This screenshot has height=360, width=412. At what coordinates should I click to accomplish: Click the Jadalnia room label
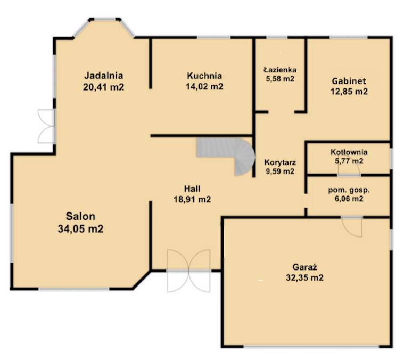pos(103,76)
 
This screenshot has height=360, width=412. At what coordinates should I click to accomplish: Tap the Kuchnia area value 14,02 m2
pos(204,87)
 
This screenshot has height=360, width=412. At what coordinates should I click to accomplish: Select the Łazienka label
pos(281,69)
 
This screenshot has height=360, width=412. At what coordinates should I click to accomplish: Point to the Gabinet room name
pos(349,81)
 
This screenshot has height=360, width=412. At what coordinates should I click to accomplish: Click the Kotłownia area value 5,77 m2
pos(349,160)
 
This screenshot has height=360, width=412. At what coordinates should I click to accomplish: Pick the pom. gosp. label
pos(349,190)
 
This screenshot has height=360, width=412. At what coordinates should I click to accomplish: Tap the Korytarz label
pos(280,162)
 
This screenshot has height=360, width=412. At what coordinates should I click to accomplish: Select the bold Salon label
pos(80,216)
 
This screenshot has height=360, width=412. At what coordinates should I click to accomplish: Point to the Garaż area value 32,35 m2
pos(304,277)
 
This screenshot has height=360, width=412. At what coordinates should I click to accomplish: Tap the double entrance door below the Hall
pos(189,271)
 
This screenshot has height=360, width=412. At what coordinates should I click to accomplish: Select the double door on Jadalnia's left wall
pos(47,126)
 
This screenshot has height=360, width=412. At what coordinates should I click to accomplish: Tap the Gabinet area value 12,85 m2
pos(349,91)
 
